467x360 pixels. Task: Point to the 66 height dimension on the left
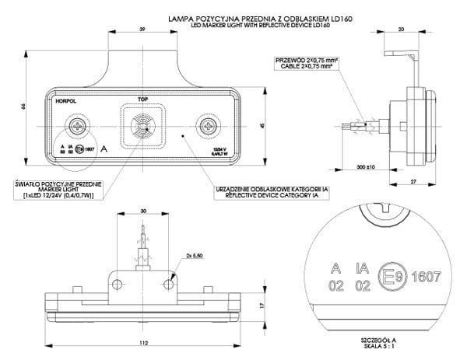pos(24,107)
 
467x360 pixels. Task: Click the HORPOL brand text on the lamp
pos(65,101)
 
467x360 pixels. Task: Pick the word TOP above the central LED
pos(142,100)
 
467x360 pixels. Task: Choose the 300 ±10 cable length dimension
pos(364,167)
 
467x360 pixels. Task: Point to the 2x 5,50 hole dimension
pos(194,256)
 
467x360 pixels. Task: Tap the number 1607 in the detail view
pos(426,275)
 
